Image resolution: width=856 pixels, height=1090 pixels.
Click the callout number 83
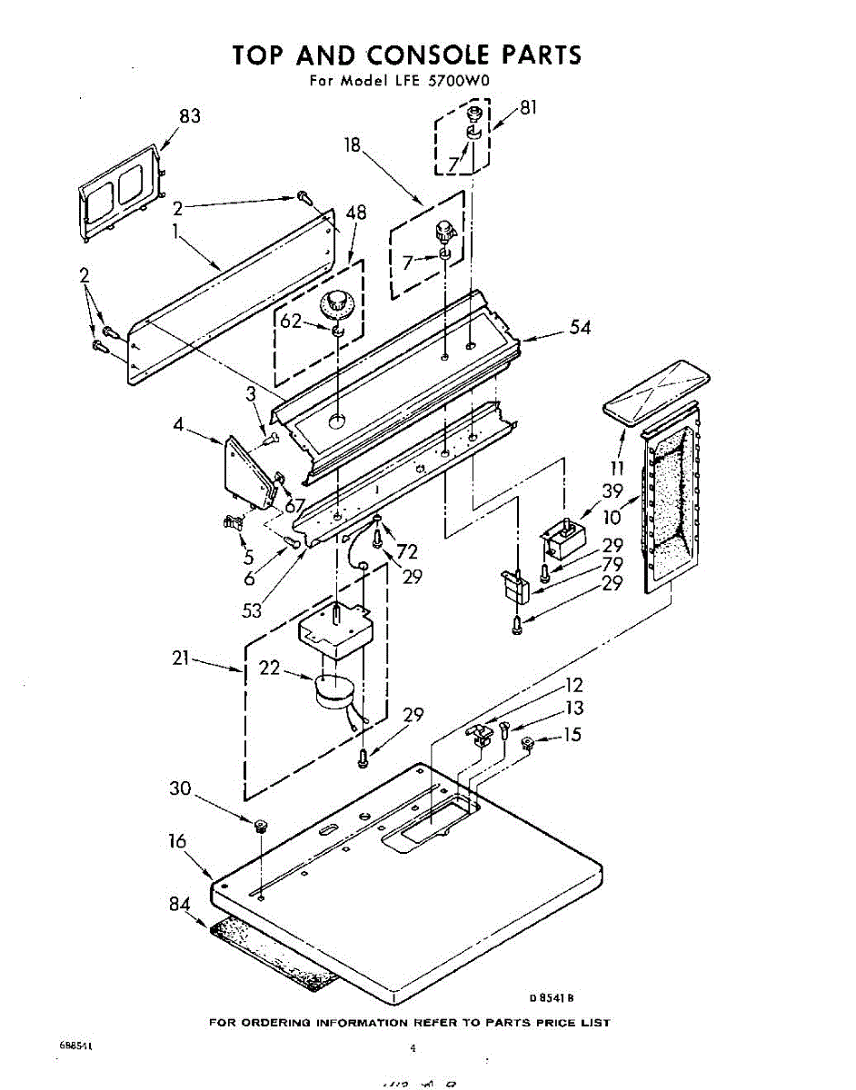tap(190, 116)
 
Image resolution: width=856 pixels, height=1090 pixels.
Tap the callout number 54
tap(580, 327)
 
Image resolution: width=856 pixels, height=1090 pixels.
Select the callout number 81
tap(528, 107)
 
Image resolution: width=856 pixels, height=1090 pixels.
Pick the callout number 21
tap(181, 657)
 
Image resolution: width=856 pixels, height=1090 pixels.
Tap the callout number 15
tap(572, 735)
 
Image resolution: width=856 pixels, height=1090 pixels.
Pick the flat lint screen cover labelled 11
tap(657, 390)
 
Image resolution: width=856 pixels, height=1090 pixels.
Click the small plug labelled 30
tap(261, 826)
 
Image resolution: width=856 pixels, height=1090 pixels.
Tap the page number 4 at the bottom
tap(413, 1047)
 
